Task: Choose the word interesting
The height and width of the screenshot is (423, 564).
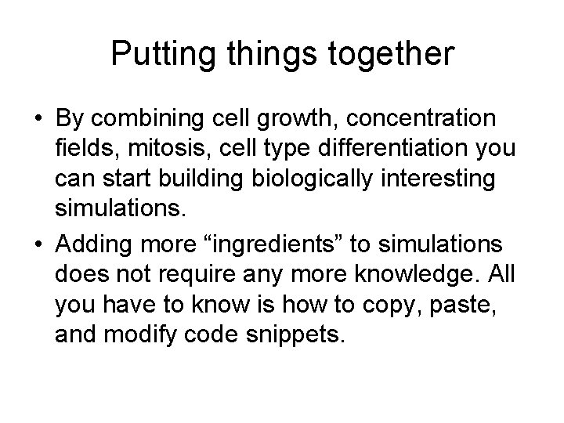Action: pos(429,179)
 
